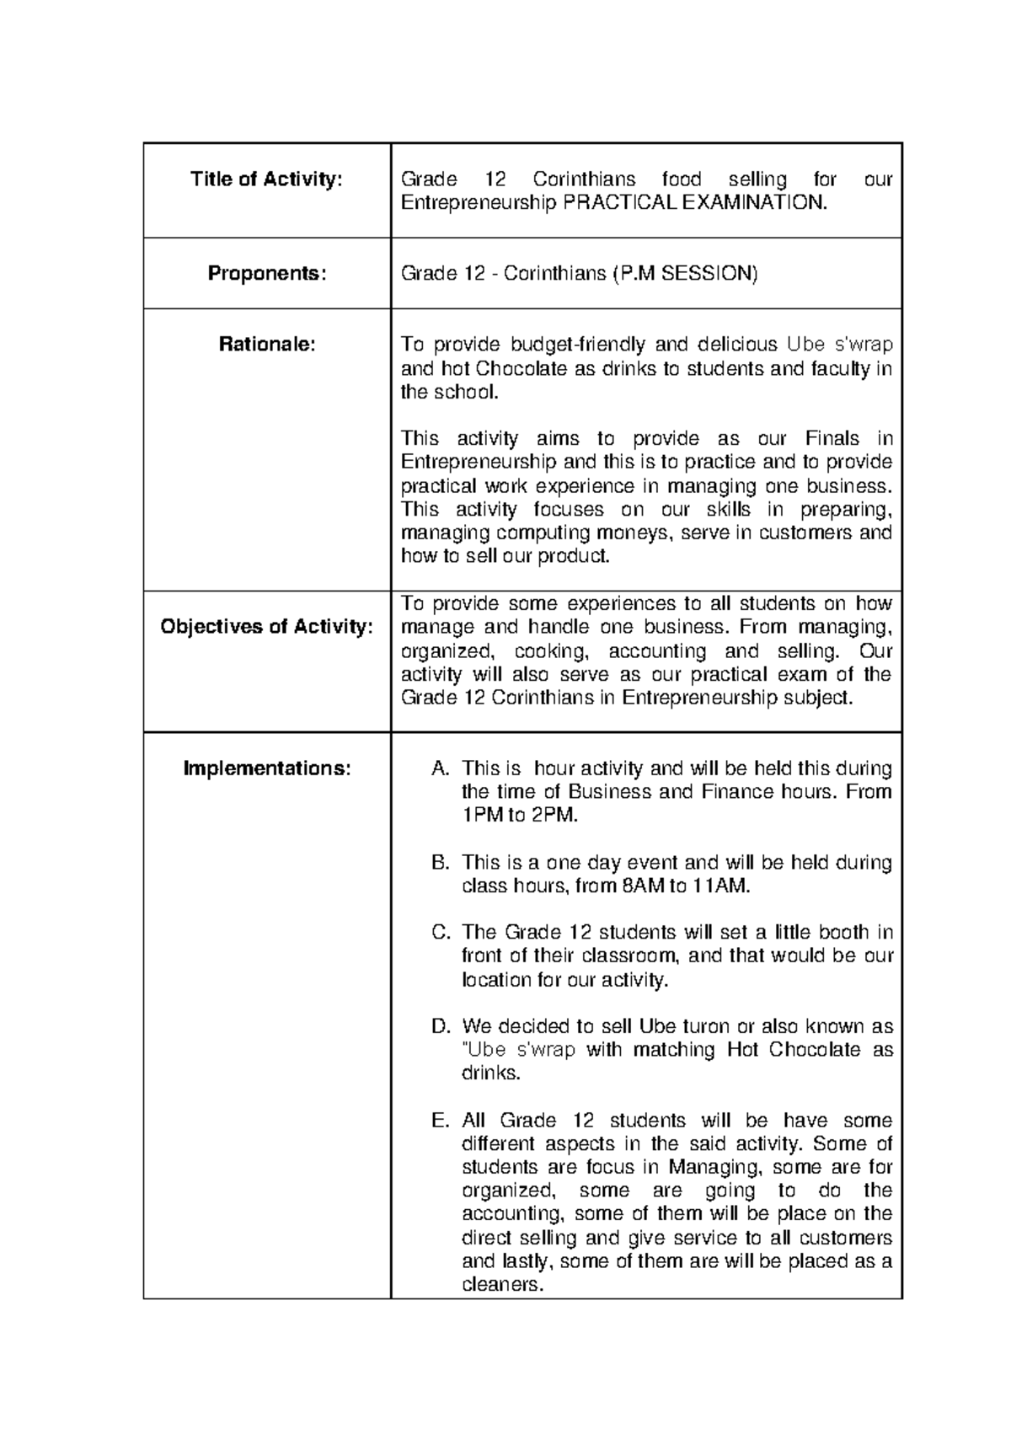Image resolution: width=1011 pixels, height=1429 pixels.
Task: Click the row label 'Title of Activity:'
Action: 266,179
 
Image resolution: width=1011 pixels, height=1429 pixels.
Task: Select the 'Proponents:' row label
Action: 266,274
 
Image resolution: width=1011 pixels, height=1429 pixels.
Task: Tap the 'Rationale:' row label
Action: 266,344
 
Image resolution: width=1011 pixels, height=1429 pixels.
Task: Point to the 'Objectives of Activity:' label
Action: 266,627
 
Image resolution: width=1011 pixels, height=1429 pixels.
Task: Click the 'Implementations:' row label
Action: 266,768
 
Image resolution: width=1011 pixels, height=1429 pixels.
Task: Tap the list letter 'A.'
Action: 441,768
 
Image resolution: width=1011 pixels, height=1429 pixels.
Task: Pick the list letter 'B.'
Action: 441,863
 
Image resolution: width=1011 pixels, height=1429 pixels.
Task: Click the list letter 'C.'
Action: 441,933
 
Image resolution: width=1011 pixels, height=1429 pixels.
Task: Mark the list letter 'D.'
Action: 441,1026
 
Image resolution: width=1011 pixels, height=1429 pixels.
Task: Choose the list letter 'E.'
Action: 441,1121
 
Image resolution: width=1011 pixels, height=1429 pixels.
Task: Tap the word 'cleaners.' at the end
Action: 503,1286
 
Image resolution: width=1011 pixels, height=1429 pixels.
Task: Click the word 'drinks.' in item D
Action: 491,1074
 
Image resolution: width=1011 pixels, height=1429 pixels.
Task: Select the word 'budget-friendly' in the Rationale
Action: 574,345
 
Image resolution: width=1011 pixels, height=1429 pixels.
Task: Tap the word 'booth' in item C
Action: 837,933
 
